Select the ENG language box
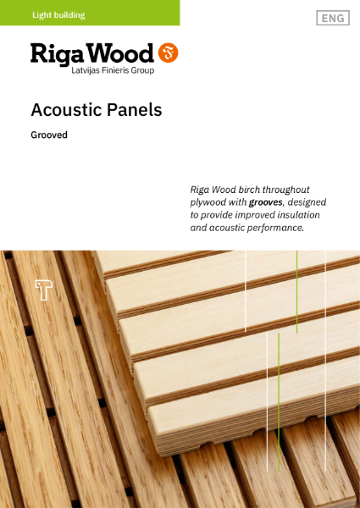[333, 18]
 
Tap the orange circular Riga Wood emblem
[169, 53]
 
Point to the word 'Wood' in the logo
[123, 53]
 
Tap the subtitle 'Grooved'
[49, 135]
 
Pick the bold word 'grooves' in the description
[267, 203]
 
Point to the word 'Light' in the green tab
[43, 14]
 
